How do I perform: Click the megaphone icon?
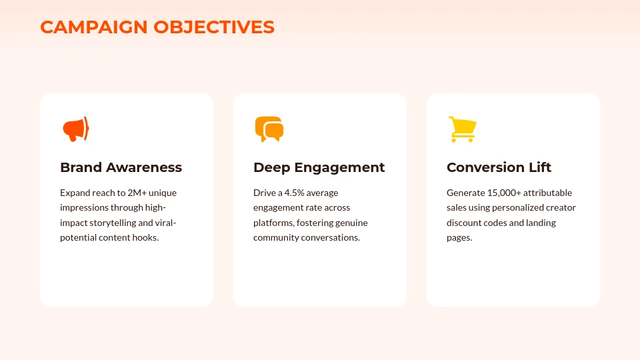tap(75, 129)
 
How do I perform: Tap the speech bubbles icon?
tap(269, 129)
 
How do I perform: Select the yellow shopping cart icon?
tap(461, 129)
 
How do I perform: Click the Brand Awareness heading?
tap(121, 167)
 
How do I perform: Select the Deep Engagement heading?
tap(319, 167)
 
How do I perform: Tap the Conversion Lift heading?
tap(499, 167)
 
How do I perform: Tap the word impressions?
tap(84, 207)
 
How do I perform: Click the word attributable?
tap(548, 193)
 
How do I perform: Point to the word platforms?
tap(273, 223)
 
